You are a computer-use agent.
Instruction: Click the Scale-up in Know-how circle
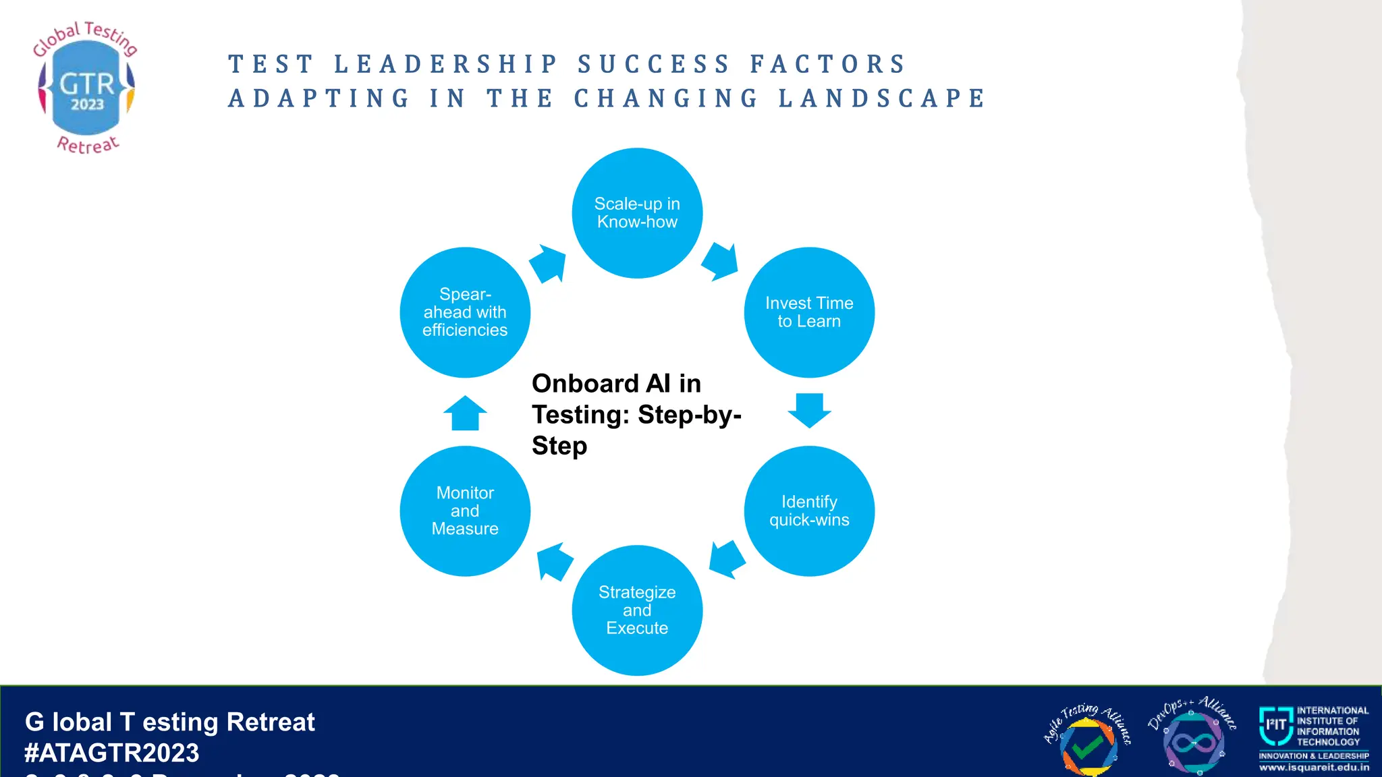(637, 213)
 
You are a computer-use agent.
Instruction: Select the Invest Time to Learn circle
(809, 312)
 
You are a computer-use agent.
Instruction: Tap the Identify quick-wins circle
(809, 511)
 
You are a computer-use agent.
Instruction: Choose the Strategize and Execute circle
(637, 610)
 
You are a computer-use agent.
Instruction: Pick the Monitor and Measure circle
(465, 511)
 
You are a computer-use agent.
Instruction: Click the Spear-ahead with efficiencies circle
(465, 312)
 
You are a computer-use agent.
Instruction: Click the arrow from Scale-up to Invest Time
(721, 262)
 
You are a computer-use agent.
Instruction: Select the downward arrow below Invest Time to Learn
(809, 409)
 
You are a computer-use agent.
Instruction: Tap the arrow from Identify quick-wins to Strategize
(727, 558)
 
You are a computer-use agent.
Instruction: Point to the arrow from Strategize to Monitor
(554, 561)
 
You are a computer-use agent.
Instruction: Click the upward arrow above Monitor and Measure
(465, 413)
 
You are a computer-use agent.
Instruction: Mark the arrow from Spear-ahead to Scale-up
(547, 264)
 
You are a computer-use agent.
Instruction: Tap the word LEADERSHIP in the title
(447, 65)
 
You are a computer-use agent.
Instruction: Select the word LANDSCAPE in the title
(882, 98)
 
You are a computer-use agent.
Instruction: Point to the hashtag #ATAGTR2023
(112, 753)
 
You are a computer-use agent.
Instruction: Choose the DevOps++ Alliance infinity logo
(1192, 739)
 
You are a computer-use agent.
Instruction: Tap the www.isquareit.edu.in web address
(1314, 768)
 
